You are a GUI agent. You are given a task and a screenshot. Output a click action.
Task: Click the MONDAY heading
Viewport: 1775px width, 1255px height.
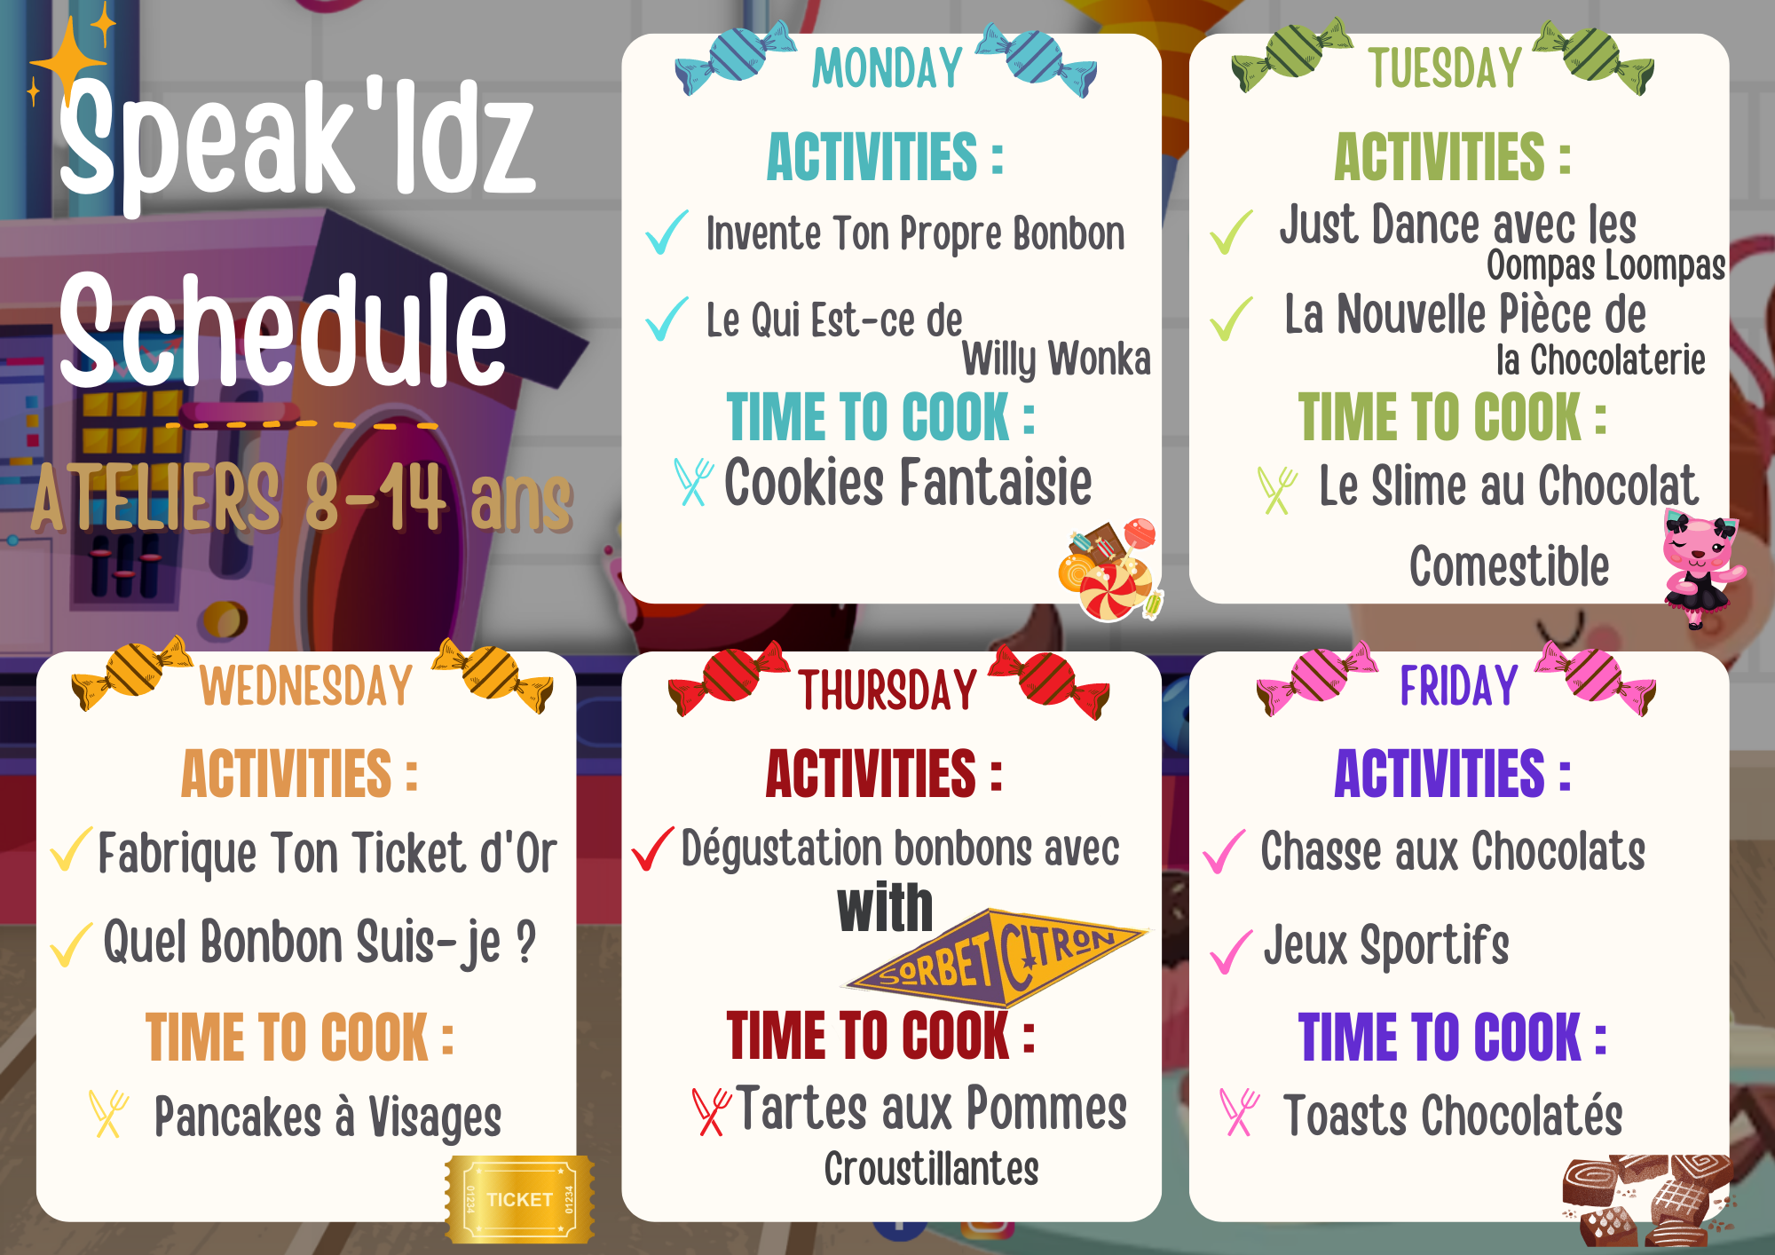coord(887,68)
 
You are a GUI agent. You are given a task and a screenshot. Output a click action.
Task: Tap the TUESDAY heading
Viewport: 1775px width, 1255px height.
coord(1445,68)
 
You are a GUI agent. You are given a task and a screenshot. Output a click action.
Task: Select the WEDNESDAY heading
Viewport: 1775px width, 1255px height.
coord(306,686)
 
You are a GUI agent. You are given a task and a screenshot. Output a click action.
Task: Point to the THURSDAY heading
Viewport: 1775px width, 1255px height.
coord(887,691)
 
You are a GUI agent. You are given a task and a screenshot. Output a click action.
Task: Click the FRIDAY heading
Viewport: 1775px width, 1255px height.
coord(1459,686)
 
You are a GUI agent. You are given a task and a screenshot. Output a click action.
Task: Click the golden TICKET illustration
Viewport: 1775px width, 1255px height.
coord(520,1199)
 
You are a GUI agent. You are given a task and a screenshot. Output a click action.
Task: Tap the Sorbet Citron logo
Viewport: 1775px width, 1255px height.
coord(994,959)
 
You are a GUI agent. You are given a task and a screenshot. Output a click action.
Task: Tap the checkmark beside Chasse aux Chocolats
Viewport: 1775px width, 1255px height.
coord(1224,852)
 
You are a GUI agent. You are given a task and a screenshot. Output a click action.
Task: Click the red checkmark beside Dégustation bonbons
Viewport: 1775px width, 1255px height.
coord(652,849)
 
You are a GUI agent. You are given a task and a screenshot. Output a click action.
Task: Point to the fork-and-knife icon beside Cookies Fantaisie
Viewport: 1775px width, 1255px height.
coord(693,482)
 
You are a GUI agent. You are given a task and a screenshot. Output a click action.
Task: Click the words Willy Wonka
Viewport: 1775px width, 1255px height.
coord(1056,359)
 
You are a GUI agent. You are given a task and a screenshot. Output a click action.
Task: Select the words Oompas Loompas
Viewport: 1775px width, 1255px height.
coord(1605,265)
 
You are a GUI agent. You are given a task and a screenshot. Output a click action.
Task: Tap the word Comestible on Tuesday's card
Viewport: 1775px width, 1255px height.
coord(1509,566)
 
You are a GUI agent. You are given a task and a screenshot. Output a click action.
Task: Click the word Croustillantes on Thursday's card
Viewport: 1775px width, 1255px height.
coord(931,1169)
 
